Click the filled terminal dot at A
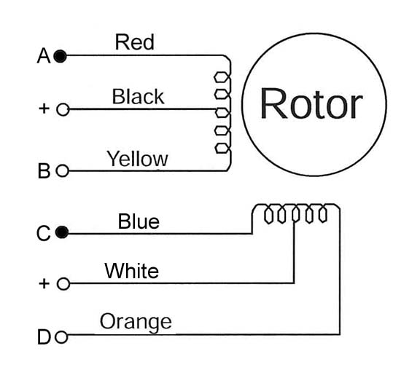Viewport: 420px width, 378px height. coord(60,56)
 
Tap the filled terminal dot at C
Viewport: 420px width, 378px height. coord(62,232)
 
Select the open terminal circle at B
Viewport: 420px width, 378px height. coord(63,170)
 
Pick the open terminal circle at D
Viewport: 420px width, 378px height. coord(61,337)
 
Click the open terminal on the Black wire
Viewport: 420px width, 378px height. coord(63,109)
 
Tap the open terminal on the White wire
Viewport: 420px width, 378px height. coord(63,283)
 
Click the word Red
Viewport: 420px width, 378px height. coord(134,42)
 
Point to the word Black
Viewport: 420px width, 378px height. coord(138,96)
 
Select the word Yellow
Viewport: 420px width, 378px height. coord(137,159)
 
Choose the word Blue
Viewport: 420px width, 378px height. coord(139,221)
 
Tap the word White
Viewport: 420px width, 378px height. coord(131,271)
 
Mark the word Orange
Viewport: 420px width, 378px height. coord(136,322)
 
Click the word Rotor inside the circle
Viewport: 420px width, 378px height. coord(311,103)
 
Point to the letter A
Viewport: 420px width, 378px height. coord(44,56)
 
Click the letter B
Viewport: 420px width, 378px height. coord(44,170)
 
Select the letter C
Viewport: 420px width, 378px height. coord(44,233)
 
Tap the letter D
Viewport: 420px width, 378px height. coord(44,337)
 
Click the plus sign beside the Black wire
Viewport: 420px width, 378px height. coord(44,109)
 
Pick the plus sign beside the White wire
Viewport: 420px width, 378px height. coord(44,283)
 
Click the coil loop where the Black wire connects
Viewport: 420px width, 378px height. coord(222,113)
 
